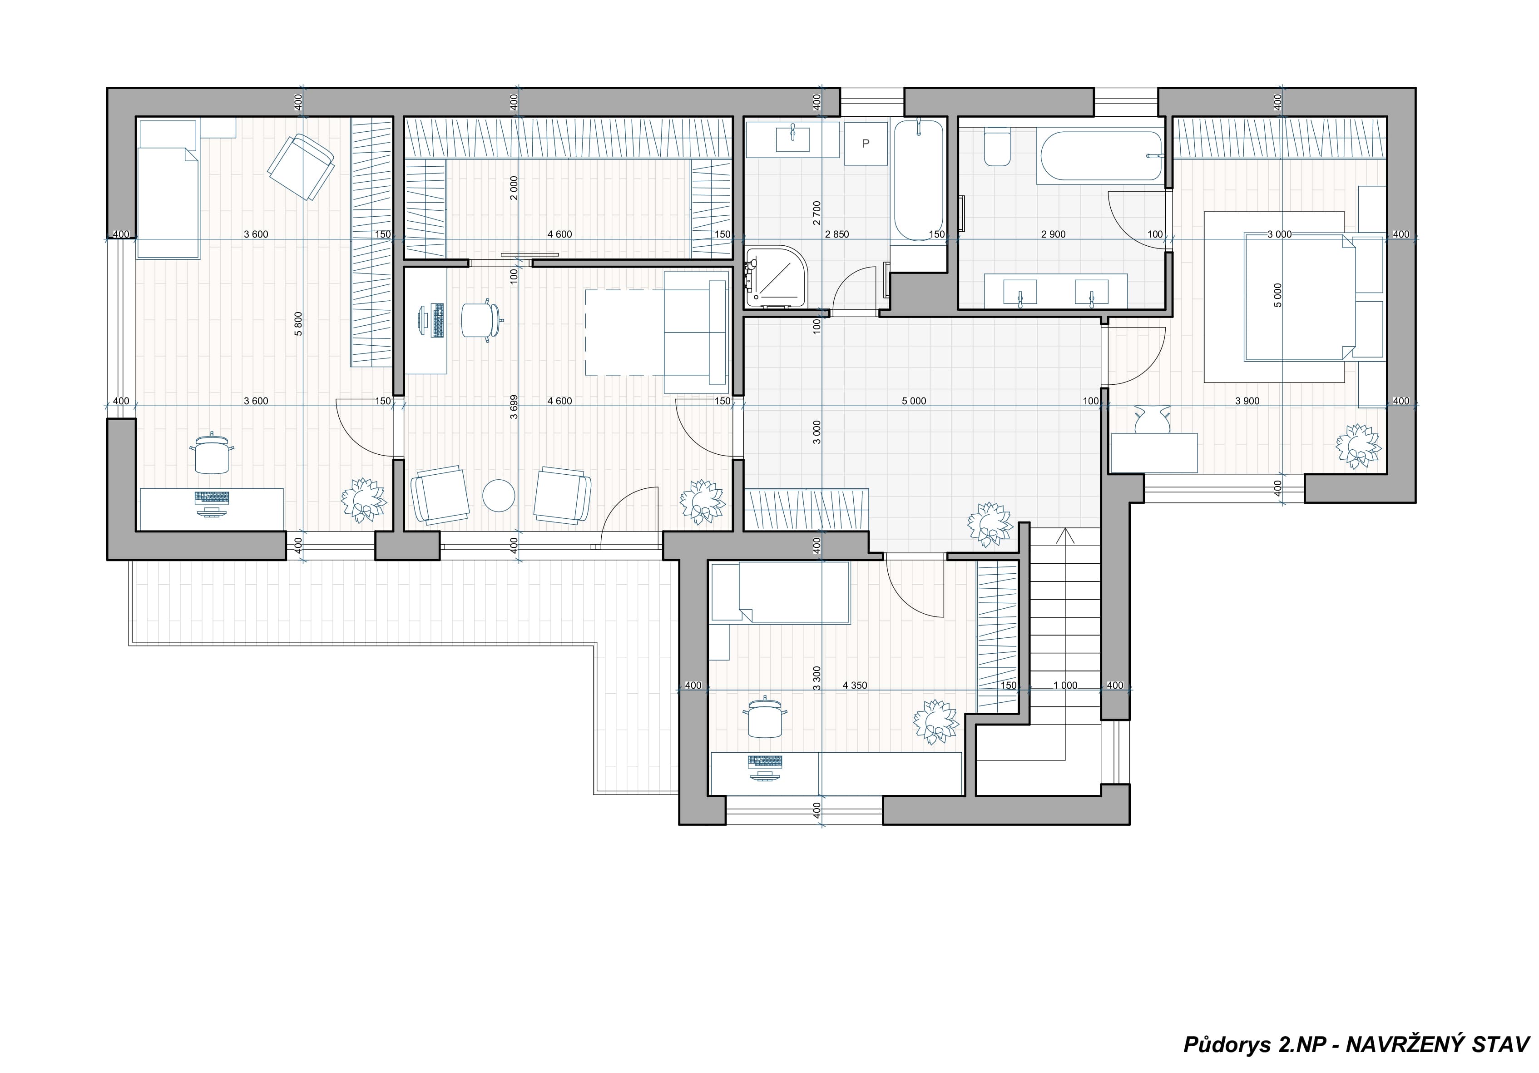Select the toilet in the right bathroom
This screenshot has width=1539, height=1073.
click(997, 148)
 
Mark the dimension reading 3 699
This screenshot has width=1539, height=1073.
click(514, 407)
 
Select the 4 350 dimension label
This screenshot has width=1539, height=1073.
click(855, 686)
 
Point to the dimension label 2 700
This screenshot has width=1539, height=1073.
click(817, 213)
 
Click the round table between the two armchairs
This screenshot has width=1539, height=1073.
click(499, 496)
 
